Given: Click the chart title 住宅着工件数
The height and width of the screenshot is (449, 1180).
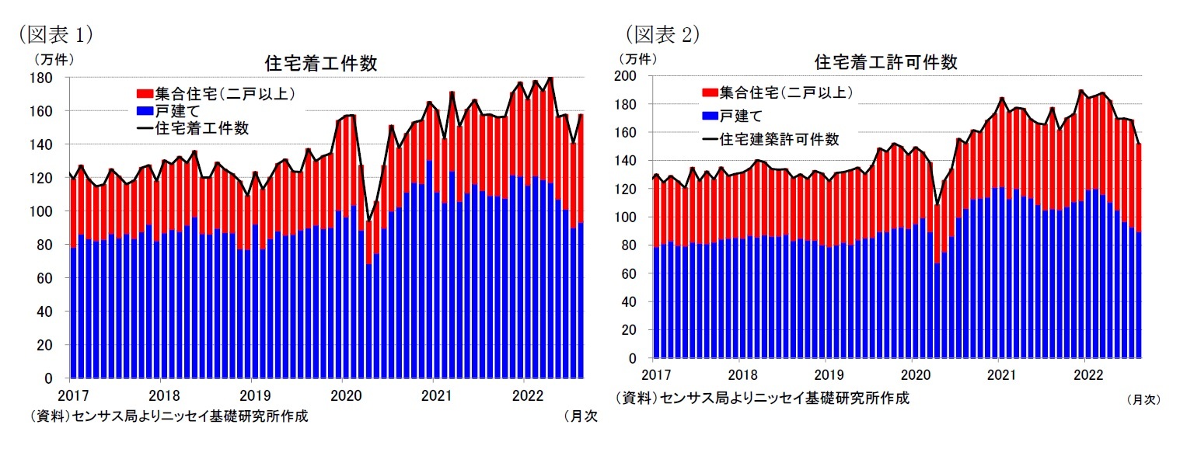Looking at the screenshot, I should (x=321, y=64).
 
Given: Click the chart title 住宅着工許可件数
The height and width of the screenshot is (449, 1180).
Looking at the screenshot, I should (x=885, y=62).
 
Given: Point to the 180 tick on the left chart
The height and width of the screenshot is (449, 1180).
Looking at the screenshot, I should (x=41, y=78).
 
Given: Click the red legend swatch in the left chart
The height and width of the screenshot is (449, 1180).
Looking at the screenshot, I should (x=145, y=95).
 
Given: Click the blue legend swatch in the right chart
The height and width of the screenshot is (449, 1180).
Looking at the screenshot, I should (x=709, y=116).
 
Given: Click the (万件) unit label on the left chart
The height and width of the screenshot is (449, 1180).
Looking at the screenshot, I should (x=52, y=58).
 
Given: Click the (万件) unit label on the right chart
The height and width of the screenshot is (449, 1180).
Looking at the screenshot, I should (x=637, y=58).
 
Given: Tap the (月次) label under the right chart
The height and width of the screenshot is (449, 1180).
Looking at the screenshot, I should (x=1143, y=399).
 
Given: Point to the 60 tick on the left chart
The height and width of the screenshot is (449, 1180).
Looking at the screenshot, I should (x=44, y=278).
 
